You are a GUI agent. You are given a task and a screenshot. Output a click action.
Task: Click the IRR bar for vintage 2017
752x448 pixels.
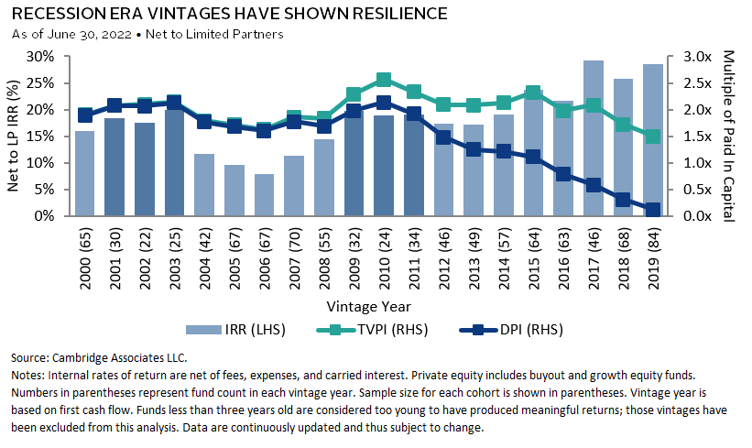tap(594, 138)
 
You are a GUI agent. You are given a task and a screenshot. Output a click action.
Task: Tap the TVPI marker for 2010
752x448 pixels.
tap(384, 80)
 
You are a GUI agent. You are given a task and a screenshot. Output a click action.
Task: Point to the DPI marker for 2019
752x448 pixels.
tap(651, 210)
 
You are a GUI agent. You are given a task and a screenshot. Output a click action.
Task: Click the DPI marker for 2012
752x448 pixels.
tap(443, 137)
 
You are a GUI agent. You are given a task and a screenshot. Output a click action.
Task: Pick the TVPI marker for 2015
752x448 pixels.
tap(532, 93)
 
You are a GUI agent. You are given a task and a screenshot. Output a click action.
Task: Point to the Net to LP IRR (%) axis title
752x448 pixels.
tap(16, 137)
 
